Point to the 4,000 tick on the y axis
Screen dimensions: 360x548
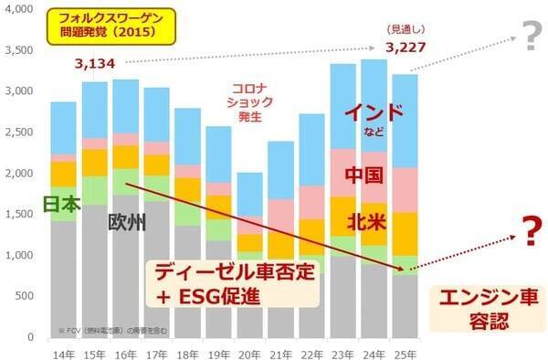tap(23, 9)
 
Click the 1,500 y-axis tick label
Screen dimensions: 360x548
tap(23, 214)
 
